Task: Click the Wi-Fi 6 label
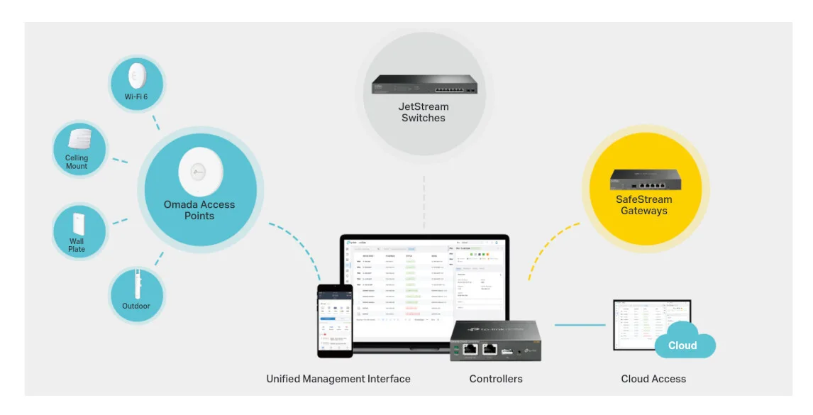coord(136,96)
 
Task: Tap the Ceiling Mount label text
coord(77,162)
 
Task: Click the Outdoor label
coord(136,306)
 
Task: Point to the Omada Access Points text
coord(199,210)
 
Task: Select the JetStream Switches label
coord(424,112)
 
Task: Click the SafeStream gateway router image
coord(644,179)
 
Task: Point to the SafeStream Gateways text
coord(644,205)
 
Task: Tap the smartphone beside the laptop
coord(335,320)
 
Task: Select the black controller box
coord(495,341)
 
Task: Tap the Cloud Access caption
coord(653,379)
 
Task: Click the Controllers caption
coord(496,379)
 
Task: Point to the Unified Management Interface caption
coord(338,379)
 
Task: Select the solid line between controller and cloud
coord(580,325)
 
